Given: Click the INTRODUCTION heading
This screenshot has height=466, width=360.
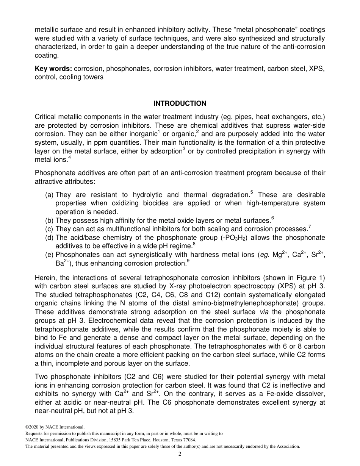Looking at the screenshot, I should (180, 103).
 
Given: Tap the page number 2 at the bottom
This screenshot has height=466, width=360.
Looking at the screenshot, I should (180, 454).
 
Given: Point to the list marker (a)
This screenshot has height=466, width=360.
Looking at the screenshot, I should (49, 195).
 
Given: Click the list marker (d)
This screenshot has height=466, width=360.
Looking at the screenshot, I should (49, 238).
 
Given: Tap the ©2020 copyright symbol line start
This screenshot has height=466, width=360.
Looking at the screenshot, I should (27, 427).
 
